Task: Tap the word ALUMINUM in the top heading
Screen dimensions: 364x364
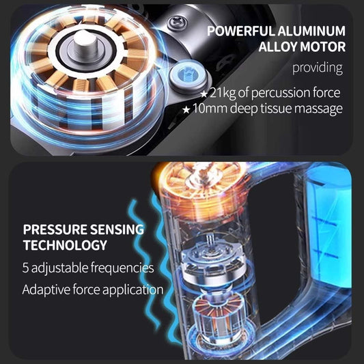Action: click(311, 31)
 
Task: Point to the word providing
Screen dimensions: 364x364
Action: click(318, 68)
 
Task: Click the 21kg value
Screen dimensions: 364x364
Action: click(223, 93)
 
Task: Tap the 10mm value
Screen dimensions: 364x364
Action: click(210, 108)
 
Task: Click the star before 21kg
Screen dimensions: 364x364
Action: click(204, 94)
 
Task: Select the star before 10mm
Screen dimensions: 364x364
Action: click(186, 109)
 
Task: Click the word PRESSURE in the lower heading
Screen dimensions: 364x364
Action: click(55, 229)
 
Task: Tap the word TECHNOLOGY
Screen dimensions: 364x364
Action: click(65, 245)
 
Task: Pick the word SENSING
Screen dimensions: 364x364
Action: click(117, 229)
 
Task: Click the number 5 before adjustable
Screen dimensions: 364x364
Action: click(25, 268)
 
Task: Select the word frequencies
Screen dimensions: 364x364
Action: click(122, 268)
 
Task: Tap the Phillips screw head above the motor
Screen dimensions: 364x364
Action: click(178, 23)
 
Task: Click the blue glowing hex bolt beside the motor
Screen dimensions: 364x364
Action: click(188, 74)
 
